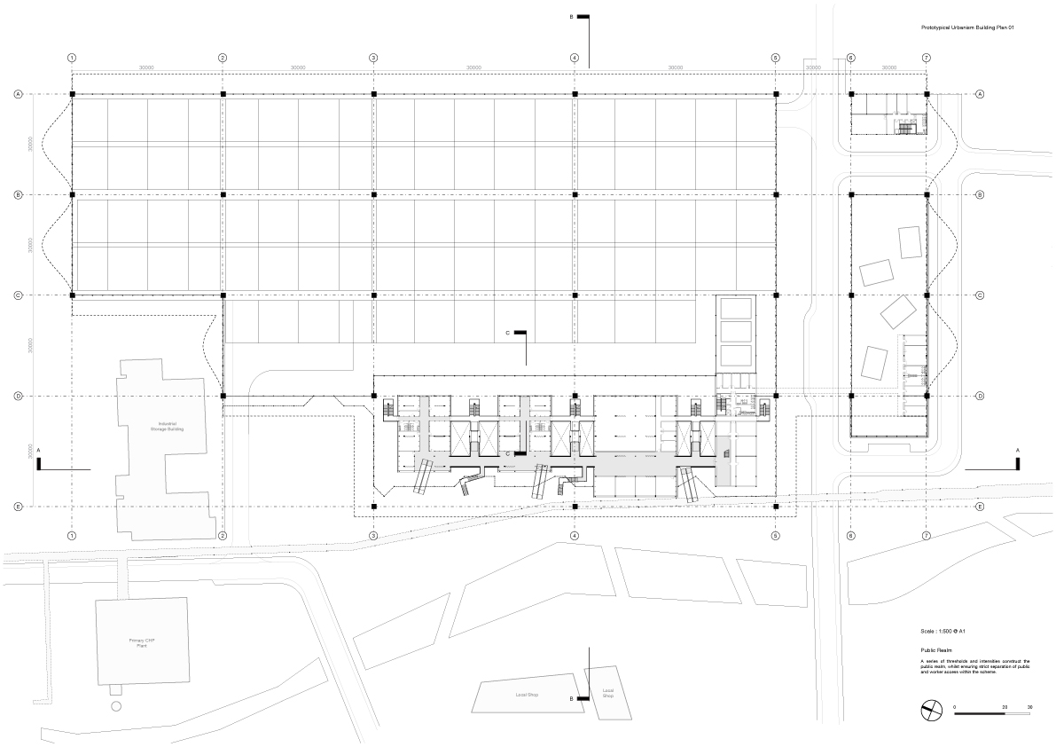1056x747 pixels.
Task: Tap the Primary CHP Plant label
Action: (x=142, y=642)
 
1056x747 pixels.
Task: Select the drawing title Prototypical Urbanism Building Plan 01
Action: (x=967, y=28)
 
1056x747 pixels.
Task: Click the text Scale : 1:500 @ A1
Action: (x=943, y=630)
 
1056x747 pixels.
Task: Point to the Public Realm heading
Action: (x=938, y=650)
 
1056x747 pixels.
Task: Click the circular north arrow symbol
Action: (x=931, y=711)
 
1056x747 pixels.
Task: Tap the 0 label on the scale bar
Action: (x=955, y=707)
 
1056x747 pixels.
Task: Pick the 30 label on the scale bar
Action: (x=1029, y=707)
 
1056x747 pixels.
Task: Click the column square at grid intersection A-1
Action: (x=72, y=94)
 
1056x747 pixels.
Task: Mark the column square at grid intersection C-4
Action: (x=575, y=295)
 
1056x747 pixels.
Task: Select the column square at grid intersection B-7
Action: (x=927, y=194)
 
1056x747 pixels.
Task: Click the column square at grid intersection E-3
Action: (x=373, y=507)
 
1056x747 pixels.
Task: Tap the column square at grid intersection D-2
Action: (x=223, y=396)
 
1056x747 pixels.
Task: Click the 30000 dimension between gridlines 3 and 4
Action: (x=473, y=67)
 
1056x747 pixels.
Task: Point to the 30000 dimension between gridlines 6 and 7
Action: (x=888, y=67)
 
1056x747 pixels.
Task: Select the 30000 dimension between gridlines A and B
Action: (x=31, y=143)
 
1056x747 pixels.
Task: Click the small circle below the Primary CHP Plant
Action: (x=115, y=706)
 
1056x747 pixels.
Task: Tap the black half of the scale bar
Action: (x=980, y=713)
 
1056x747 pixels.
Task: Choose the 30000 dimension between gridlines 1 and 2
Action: (x=147, y=67)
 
